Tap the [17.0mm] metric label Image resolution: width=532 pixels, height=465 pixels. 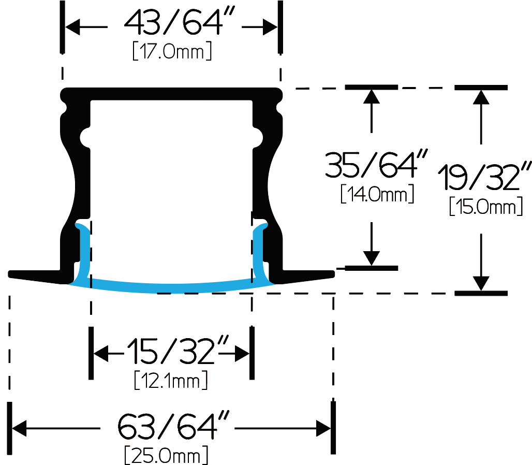click(x=172, y=51)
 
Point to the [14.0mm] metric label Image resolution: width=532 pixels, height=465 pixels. click(x=377, y=194)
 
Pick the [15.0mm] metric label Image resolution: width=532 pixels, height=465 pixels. click(x=486, y=206)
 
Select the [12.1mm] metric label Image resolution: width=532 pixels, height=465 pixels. click(x=171, y=380)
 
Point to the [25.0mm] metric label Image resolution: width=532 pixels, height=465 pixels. click(x=166, y=455)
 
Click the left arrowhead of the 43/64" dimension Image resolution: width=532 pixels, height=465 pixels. click(x=72, y=27)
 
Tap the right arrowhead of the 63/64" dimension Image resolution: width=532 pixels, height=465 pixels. click(x=323, y=428)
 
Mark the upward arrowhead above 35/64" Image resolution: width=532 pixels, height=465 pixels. click(x=372, y=96)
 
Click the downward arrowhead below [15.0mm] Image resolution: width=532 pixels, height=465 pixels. click(x=481, y=284)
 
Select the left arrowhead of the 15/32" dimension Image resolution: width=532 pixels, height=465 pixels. click(x=101, y=354)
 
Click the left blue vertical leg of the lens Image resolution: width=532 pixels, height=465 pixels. click(x=85, y=251)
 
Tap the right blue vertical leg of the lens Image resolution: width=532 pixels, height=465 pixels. click(x=259, y=251)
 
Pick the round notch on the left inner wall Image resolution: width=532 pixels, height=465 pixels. click(x=85, y=138)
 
